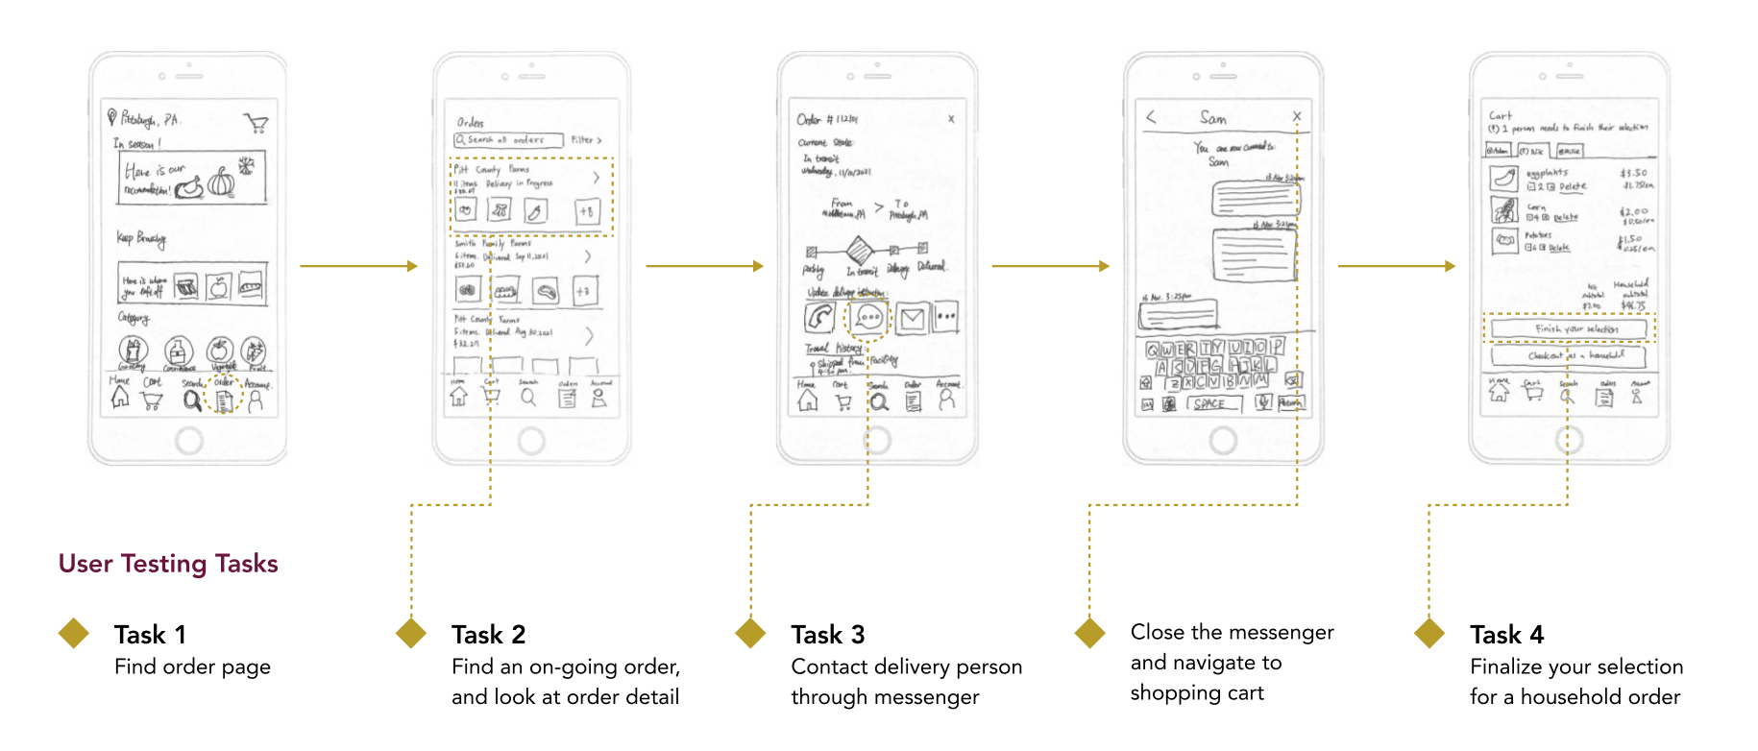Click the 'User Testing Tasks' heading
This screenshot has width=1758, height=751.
tap(168, 564)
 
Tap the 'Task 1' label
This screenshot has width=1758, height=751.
tap(150, 635)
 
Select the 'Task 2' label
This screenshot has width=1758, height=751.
tap(488, 635)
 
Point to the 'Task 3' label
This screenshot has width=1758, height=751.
tap(827, 635)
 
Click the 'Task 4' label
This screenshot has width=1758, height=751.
tap(1506, 635)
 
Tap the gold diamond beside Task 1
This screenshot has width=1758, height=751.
tap(74, 633)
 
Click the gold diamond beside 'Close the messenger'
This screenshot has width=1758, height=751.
tap(1089, 633)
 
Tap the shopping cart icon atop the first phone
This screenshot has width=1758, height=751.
tap(256, 123)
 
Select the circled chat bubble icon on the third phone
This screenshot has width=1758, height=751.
tap(867, 317)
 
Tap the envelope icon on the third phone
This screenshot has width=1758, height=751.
tap(912, 318)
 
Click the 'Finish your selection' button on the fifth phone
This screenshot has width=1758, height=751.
tap(1568, 329)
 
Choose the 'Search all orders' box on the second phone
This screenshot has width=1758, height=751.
tap(506, 140)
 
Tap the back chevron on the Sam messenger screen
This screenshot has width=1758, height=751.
tap(1151, 117)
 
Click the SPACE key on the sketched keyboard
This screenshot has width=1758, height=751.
tap(1212, 404)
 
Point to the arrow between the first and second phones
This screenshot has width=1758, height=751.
tap(358, 266)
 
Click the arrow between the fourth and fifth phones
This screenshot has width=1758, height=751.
tap(1396, 266)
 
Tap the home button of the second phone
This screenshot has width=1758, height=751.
tap(531, 441)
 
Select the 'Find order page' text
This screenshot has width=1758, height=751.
tap(192, 666)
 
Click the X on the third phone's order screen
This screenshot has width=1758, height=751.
tap(951, 119)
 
